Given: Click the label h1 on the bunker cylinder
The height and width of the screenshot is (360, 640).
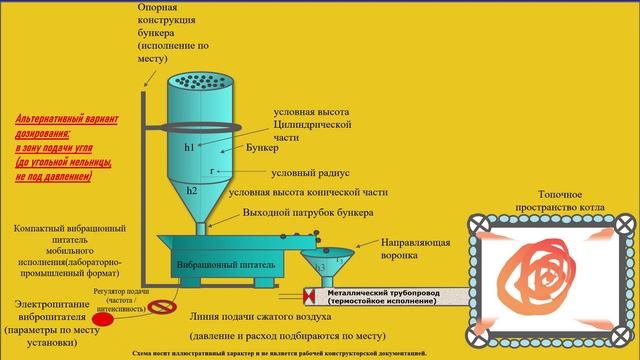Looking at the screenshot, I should point(190,146).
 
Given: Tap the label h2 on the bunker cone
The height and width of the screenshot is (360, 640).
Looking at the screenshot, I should point(191,190).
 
